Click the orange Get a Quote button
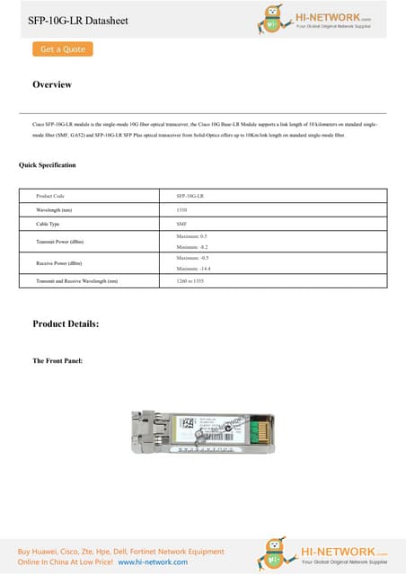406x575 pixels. [63, 49]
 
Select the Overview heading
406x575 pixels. [52, 84]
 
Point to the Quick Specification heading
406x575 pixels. [47, 165]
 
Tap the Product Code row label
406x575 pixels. [50, 195]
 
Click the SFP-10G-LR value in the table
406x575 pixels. [190, 195]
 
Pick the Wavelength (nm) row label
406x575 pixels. [54, 209]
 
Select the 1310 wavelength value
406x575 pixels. [182, 209]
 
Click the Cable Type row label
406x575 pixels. [49, 224]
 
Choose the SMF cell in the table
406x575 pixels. [182, 224]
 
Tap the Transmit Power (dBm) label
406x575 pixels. [60, 242]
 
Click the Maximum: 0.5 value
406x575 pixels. [193, 234]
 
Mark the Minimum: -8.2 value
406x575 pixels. [193, 246]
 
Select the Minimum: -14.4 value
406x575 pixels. [194, 269]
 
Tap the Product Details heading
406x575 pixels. [66, 323]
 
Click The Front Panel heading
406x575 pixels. [57, 360]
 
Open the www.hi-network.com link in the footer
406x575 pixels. [153, 561]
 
